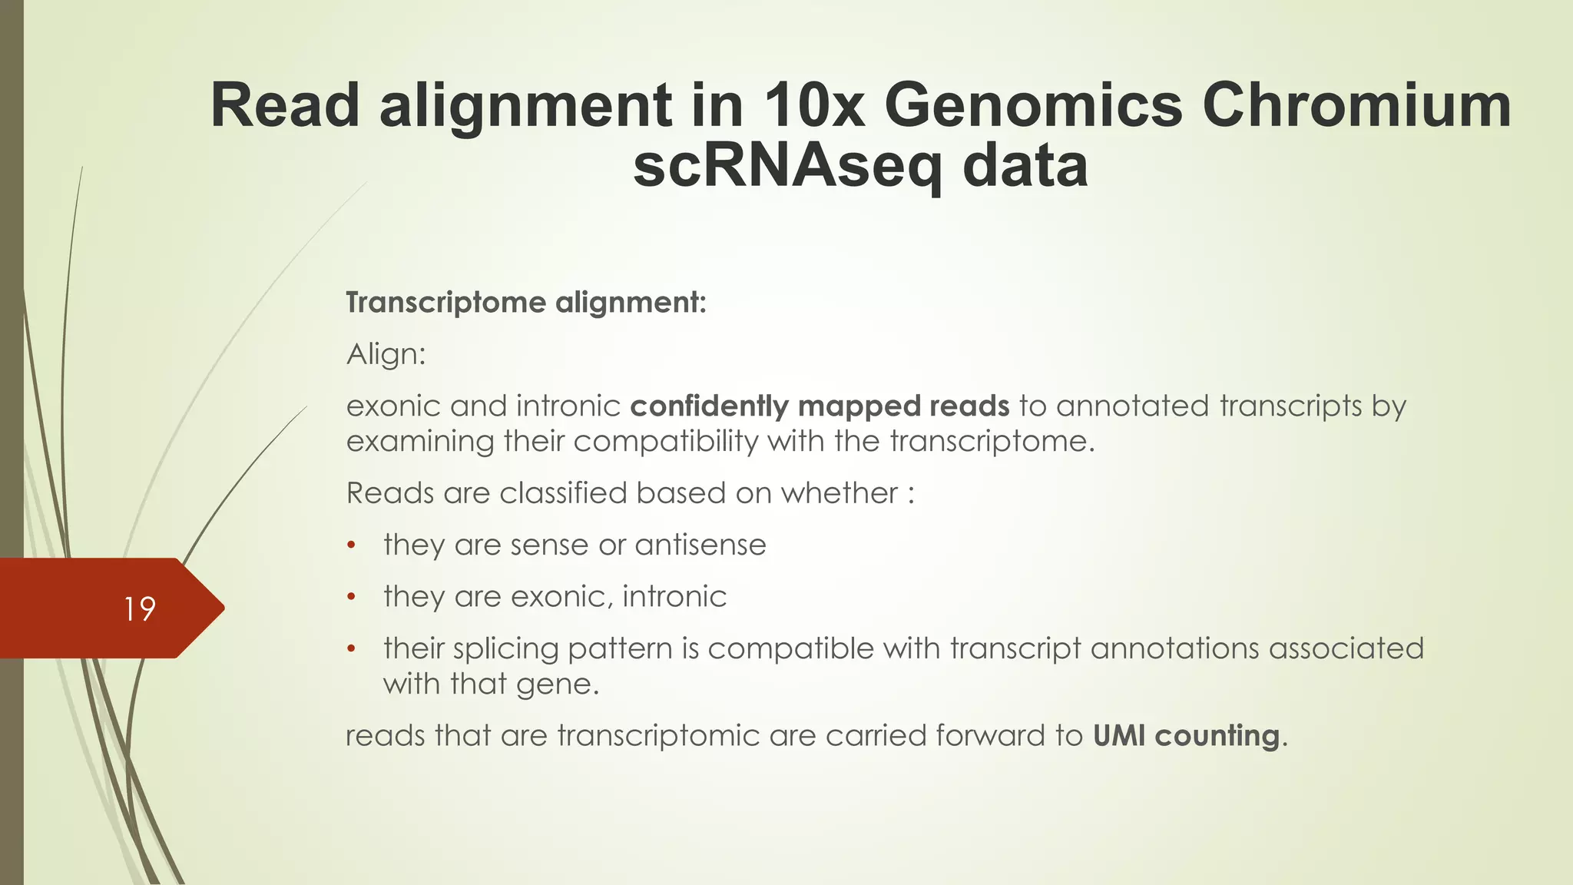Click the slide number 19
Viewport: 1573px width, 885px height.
[140, 609]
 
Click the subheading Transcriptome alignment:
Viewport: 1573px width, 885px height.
[525, 303]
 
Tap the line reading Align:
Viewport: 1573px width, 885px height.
[386, 355]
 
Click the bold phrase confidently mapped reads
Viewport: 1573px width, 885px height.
[820, 406]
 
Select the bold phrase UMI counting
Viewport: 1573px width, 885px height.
[1186, 736]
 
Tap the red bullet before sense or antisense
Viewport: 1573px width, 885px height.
[351, 545]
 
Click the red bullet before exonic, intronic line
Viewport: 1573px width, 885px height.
[351, 597]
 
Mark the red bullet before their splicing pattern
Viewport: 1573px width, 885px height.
[351, 649]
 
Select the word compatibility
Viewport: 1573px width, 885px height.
[665, 442]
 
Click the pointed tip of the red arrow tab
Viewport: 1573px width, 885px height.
[223, 608]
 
